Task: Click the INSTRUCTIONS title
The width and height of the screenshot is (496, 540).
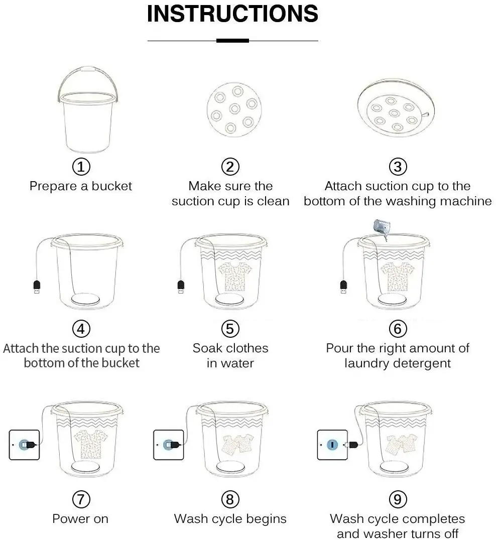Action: coord(232,14)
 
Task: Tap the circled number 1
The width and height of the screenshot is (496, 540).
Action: coord(81,167)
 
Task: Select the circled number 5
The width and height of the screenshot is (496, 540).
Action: coord(230,329)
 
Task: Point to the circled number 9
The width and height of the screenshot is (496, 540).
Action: coord(398,499)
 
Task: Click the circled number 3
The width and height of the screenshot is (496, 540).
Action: coord(398,167)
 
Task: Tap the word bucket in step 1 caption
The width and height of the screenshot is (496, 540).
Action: coord(111,186)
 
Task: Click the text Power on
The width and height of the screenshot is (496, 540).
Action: coord(80,518)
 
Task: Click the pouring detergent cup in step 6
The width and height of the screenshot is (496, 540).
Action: coord(383,227)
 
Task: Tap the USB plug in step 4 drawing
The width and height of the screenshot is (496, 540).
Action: coord(37,287)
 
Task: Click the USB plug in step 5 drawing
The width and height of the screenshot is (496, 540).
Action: coord(181,287)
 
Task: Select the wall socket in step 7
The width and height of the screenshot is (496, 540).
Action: coord(24,445)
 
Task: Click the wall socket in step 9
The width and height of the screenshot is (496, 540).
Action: coord(332,445)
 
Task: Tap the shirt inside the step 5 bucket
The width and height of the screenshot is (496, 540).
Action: coord(235,276)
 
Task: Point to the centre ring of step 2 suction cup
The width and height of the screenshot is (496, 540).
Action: coord(234,109)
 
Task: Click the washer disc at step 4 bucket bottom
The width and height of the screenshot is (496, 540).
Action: coord(85,299)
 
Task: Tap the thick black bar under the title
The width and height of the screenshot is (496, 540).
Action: coord(232,41)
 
